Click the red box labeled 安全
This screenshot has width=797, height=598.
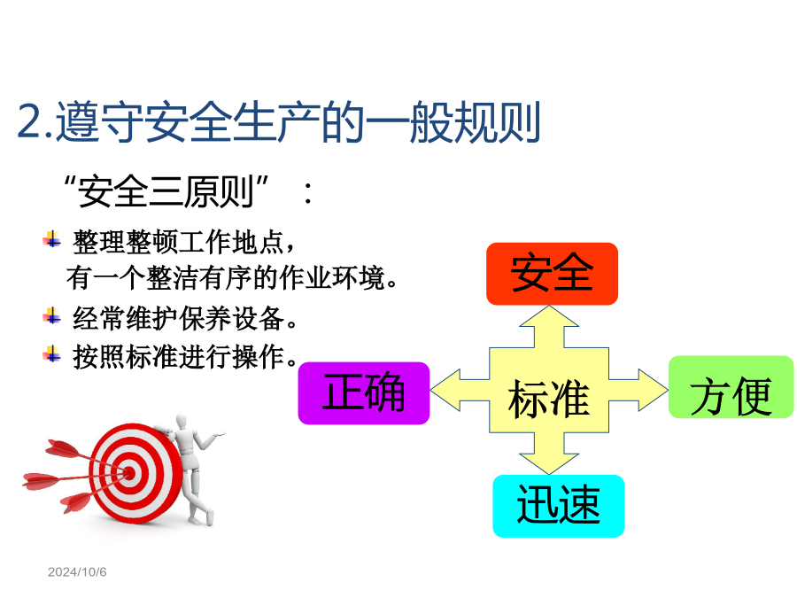pos(552,274)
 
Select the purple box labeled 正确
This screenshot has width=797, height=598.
pos(363,393)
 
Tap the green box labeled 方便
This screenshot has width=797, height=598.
pos(731,387)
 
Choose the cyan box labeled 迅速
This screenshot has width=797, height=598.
pos(558,506)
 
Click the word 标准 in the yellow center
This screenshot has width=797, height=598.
pos(548,400)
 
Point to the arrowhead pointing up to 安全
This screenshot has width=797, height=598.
pos(549,315)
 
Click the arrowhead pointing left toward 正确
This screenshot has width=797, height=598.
pos(445,390)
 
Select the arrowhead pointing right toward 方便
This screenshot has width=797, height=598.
pos(654,390)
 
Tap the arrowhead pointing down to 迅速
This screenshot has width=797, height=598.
pos(549,463)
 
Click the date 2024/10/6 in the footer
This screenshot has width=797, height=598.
pos(77,572)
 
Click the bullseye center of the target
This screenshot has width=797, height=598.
pos(129,474)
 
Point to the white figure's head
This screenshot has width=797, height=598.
pos(181,422)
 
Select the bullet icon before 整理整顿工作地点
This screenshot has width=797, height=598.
pos(52,239)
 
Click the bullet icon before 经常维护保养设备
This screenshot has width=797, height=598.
pos(52,315)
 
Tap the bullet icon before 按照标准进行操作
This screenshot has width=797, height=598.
pos(52,353)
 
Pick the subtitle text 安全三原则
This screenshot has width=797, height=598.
pos(166,191)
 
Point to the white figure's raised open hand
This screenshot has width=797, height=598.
pos(219,434)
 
